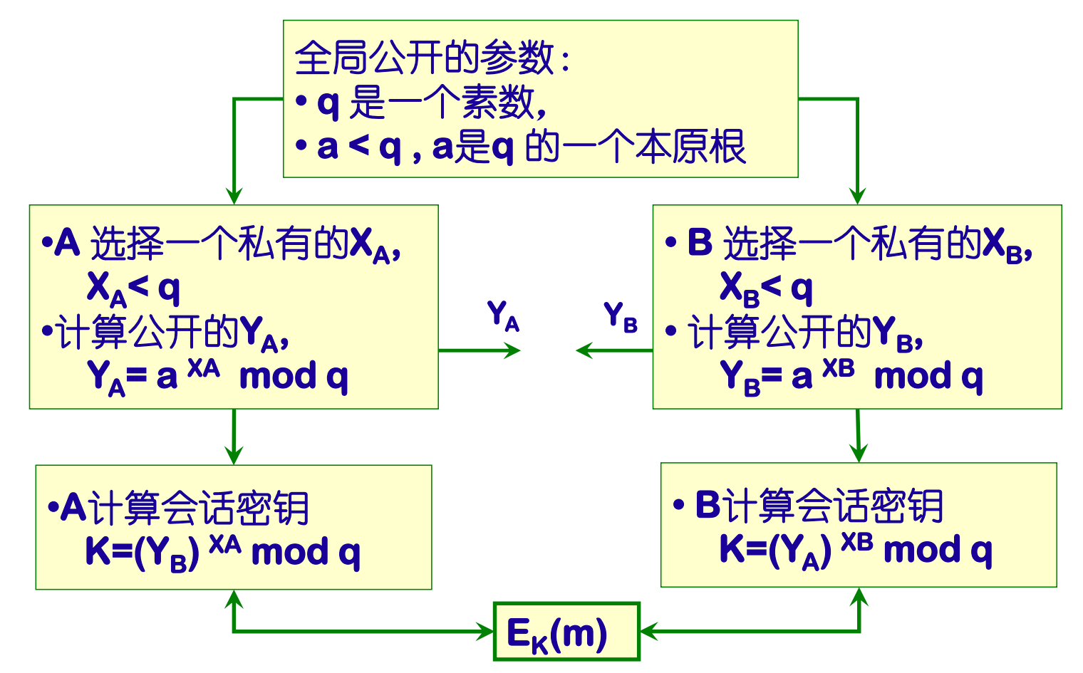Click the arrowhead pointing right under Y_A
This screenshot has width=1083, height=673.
pyautogui.click(x=513, y=350)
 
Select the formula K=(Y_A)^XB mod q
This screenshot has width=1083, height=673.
pyautogui.click(x=855, y=551)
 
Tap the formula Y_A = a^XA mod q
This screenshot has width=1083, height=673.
pyautogui.click(x=217, y=377)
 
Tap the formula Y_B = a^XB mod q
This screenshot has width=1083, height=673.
pyautogui.click(x=851, y=377)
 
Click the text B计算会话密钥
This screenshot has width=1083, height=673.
pyautogui.click(x=819, y=506)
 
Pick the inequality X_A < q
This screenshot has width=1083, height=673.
pyautogui.click(x=133, y=289)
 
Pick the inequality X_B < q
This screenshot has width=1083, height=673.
pyautogui.click(x=766, y=289)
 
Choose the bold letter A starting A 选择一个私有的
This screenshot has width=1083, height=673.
pyautogui.click(x=67, y=244)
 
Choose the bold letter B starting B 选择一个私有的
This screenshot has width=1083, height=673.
pyautogui.click(x=700, y=243)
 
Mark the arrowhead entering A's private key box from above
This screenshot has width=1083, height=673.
pyautogui.click(x=234, y=197)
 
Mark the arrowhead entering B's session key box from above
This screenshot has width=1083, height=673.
pyautogui.click(x=859, y=453)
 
